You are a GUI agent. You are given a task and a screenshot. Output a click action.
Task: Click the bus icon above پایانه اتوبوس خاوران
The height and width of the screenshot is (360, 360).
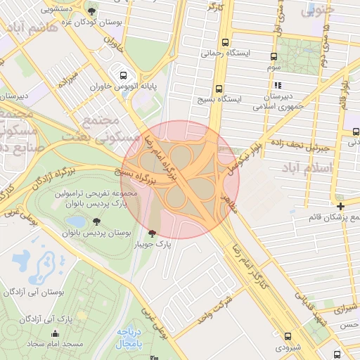tap(124, 75)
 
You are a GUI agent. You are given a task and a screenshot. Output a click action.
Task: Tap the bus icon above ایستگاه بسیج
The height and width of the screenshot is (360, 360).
tap(219, 89)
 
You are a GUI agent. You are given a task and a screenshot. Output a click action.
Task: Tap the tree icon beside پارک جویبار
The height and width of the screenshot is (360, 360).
tap(152, 233)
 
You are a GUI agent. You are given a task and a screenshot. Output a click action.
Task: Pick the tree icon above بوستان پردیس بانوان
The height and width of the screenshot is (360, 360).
tap(97, 222)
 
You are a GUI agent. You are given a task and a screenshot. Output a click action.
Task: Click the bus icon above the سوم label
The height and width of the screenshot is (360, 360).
tap(275, 56)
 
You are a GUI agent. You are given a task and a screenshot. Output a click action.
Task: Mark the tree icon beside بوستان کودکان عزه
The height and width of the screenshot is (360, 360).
tap(92, 11)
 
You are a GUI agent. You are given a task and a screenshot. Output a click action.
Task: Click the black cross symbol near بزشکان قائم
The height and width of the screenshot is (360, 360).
tap(340, 206)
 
